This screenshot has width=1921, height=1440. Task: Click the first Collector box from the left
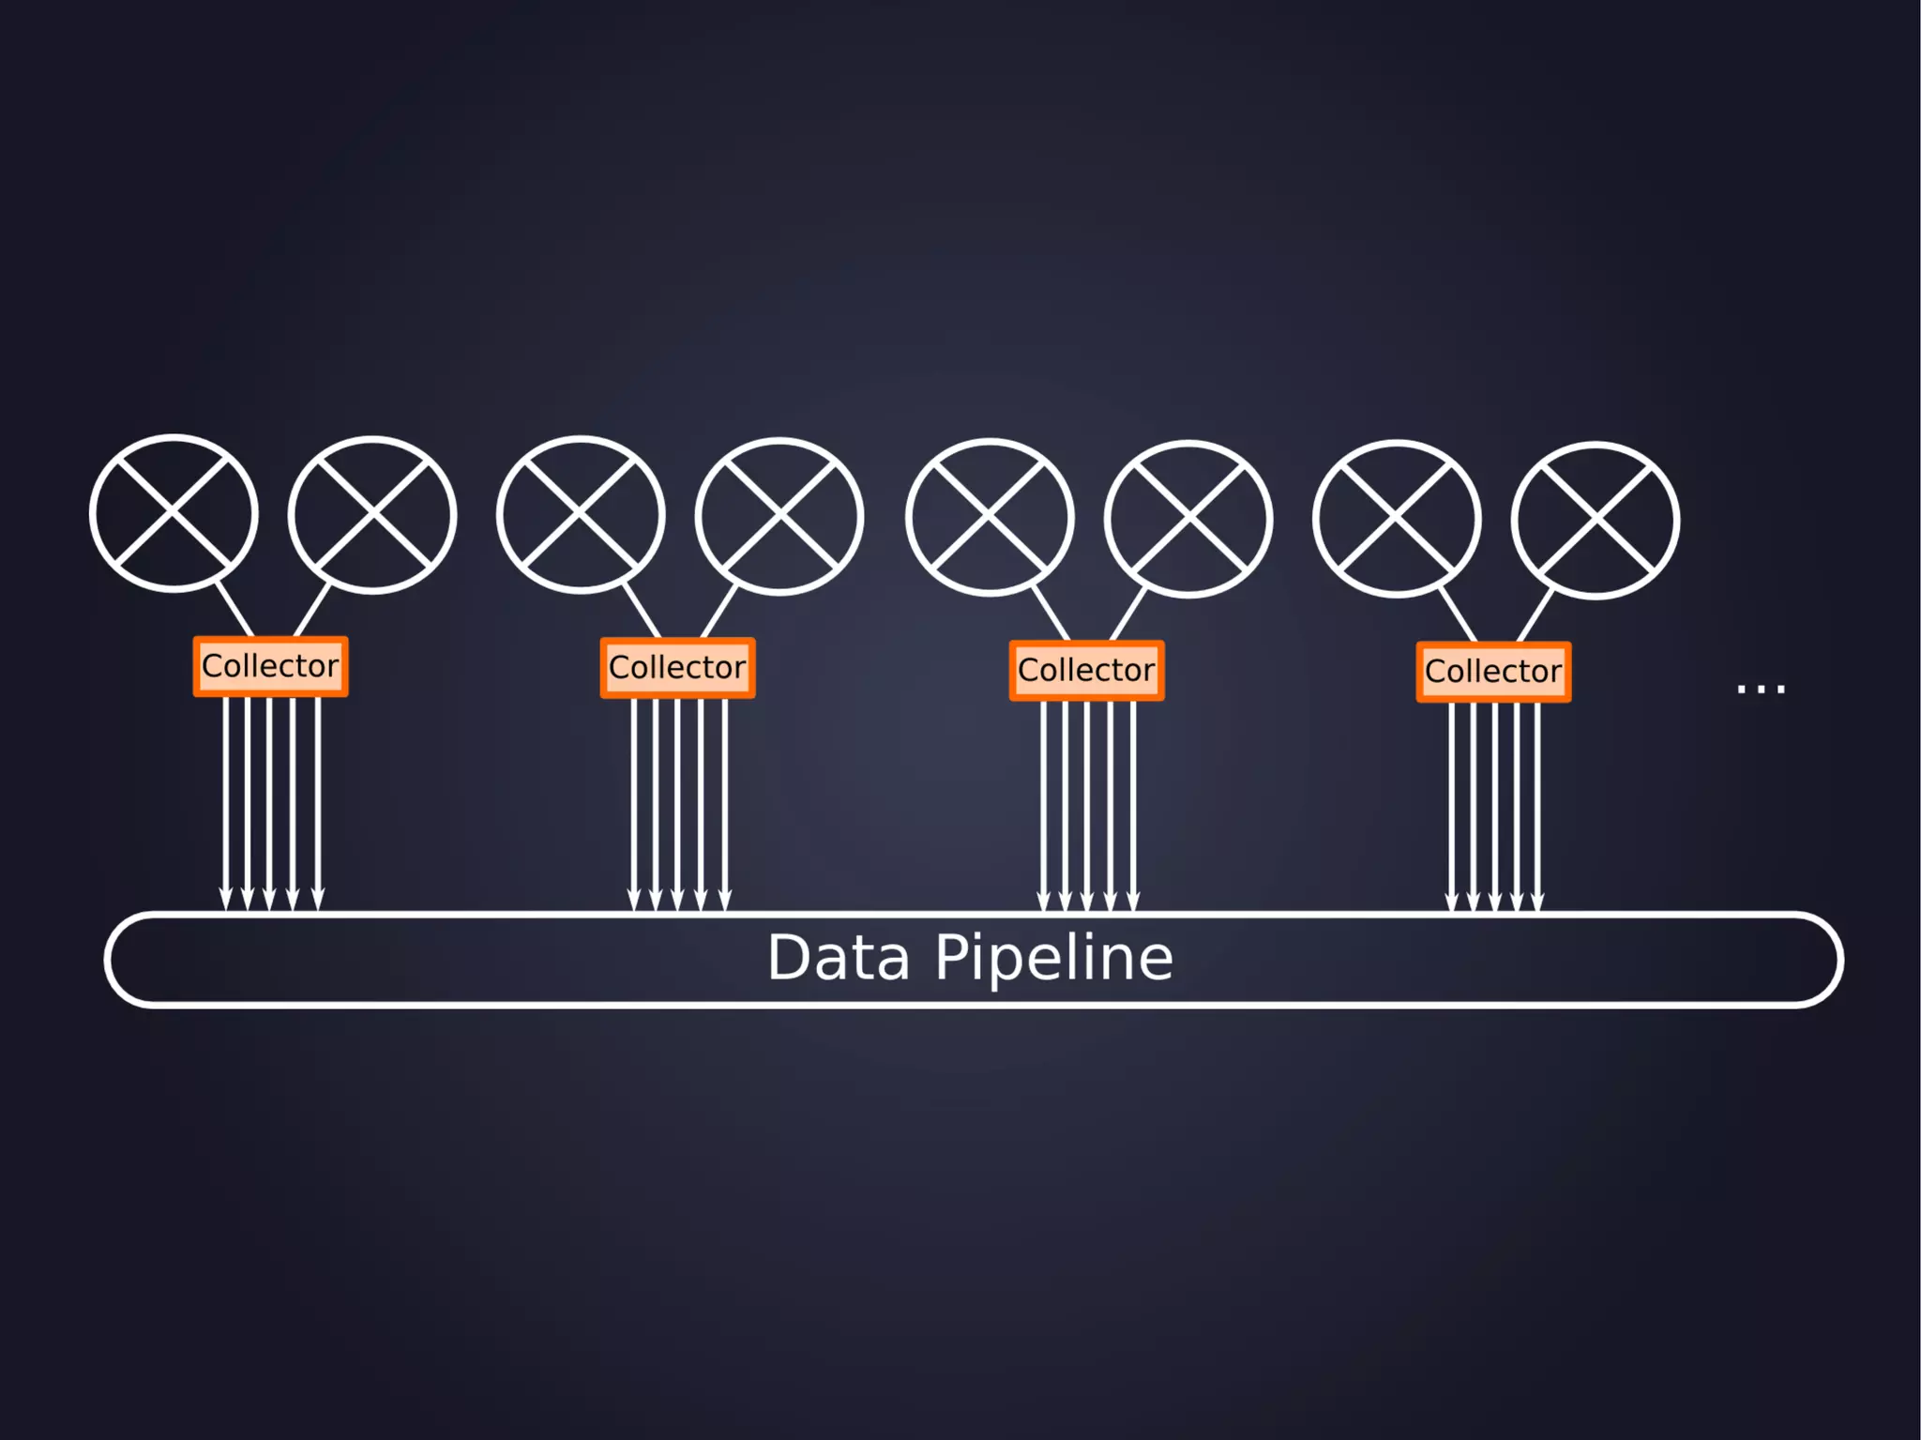(270, 666)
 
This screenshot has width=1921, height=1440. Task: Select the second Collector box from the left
(677, 668)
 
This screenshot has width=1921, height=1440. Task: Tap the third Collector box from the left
(1086, 670)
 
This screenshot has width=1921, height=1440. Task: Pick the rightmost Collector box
(1493, 672)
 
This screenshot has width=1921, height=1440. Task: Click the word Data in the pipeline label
(839, 958)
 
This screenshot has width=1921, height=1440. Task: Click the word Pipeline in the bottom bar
(1053, 958)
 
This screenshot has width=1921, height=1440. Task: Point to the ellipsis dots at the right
(1761, 690)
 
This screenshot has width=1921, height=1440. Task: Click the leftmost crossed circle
(174, 513)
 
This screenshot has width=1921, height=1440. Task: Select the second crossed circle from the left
(372, 515)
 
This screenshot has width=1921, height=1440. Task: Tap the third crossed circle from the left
(581, 515)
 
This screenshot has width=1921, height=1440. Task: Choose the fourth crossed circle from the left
(779, 517)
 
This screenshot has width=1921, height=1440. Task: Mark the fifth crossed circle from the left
(990, 518)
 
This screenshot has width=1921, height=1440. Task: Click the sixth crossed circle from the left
(1188, 519)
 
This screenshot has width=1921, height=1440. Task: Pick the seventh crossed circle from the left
(1397, 519)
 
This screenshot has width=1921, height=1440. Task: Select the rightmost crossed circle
(1596, 521)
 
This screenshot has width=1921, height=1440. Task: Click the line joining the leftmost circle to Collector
(234, 610)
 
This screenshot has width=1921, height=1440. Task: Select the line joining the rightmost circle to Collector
(1535, 615)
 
